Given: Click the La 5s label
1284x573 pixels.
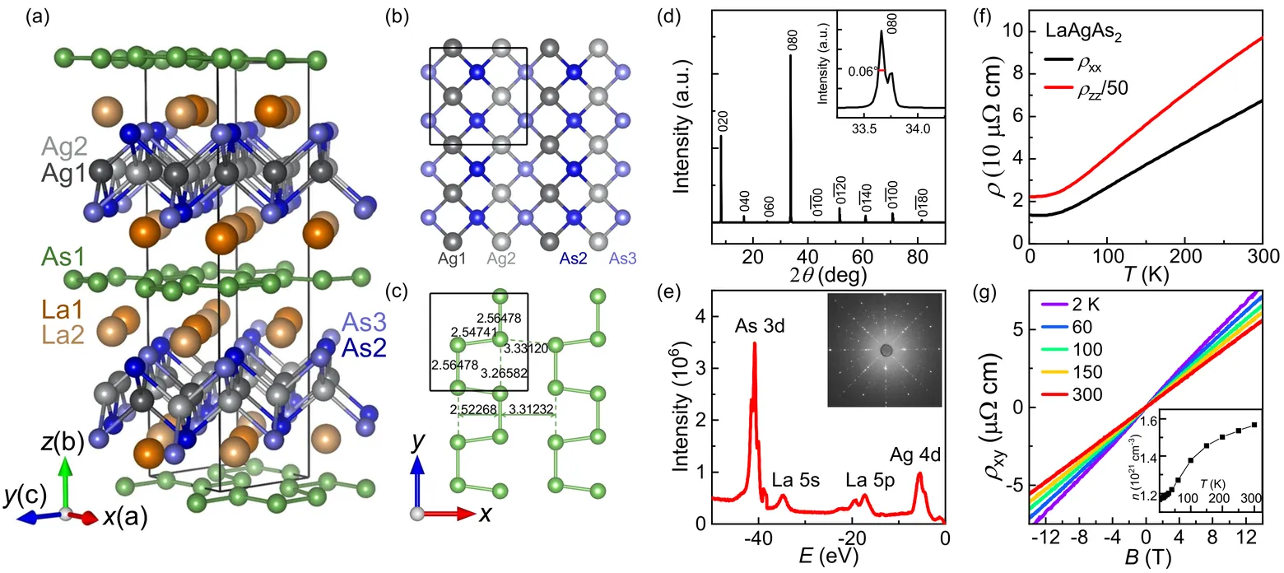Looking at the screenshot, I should pyautogui.click(x=793, y=478).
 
